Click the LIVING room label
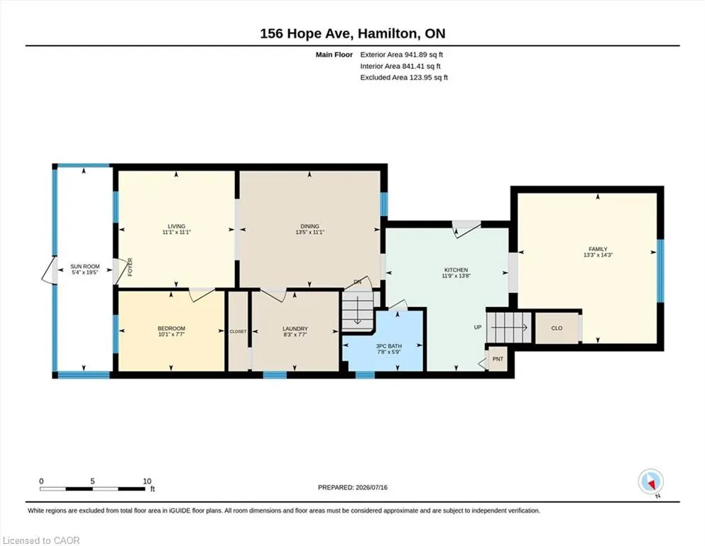pos(177,226)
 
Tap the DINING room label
pos(310,226)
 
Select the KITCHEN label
pos(457,270)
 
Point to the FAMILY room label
pos(598,249)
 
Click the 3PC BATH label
pos(389,346)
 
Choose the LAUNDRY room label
pos(295,329)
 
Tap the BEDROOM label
pos(171,328)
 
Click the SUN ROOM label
pos(85,267)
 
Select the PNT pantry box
pos(498,359)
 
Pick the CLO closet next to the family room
pos(557,328)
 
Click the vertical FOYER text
pos(131,267)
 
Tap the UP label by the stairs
pos(478,327)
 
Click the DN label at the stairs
pos(357,282)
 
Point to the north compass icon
pos(650,482)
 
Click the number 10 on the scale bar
pos(147,481)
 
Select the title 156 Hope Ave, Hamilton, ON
pos(352,33)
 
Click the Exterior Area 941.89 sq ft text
pos(402,55)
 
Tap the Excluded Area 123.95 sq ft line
pos(404,77)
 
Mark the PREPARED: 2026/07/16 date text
pos(352,488)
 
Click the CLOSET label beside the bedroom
pos(238,331)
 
